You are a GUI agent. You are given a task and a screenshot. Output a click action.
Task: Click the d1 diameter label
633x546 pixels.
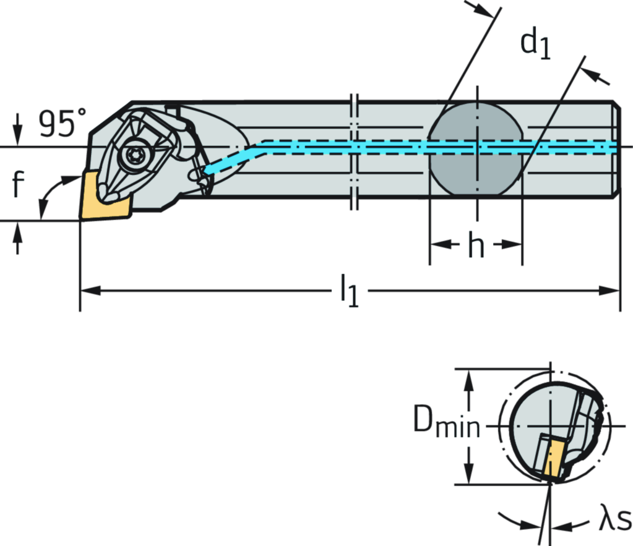(536, 43)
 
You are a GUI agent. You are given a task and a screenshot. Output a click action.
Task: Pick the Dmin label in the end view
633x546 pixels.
(446, 425)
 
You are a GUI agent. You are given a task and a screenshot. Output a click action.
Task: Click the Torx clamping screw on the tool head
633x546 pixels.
(134, 156)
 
